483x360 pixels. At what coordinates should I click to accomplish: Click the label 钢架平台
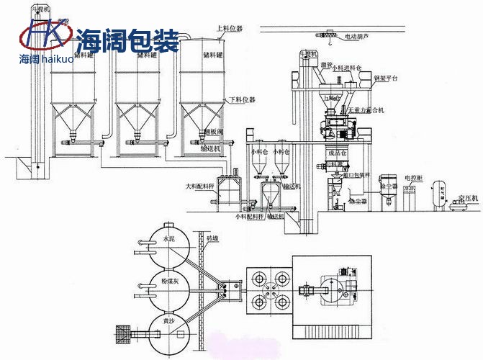pyautogui.click(x=382, y=77)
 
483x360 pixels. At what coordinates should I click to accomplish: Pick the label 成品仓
pyautogui.click(x=338, y=153)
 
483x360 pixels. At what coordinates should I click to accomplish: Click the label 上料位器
pyautogui.click(x=230, y=29)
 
